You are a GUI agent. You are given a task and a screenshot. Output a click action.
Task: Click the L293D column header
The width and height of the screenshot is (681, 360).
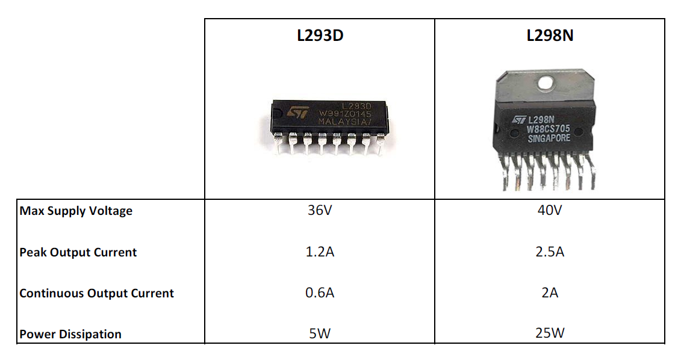320,35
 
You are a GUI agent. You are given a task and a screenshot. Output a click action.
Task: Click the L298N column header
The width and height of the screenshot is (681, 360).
550,35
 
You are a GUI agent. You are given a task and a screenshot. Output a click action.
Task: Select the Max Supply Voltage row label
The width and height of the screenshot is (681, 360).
76,211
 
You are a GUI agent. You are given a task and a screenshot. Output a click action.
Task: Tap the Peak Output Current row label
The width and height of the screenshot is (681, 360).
78,252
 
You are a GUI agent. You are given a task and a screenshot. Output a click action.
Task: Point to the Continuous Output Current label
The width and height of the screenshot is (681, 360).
96,294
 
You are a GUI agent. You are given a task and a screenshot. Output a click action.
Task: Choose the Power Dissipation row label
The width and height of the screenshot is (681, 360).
70,334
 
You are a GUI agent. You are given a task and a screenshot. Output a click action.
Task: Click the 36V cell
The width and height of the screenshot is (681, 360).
320,211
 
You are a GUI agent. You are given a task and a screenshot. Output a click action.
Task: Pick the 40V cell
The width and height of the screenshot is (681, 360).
550,211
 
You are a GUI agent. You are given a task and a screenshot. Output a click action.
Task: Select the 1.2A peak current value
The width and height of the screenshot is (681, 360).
320,252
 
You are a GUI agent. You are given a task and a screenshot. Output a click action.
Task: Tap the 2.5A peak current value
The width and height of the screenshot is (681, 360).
550,252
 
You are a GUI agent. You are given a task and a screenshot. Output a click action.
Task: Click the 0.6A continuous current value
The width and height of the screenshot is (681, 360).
320,293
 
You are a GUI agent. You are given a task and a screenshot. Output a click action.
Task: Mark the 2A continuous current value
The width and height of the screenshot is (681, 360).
550,293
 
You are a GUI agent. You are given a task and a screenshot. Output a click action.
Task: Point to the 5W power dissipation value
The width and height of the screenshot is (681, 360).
320,334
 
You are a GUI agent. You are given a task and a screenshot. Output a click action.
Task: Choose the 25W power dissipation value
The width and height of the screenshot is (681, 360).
550,334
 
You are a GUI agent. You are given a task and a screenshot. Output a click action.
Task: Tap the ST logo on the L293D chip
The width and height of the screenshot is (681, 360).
297,113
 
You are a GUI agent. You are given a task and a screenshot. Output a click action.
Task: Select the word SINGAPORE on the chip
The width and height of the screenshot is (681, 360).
549,138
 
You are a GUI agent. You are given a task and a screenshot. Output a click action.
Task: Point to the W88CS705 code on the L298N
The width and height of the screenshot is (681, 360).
548,129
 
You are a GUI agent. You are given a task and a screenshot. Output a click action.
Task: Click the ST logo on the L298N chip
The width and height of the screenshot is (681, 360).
520,120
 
